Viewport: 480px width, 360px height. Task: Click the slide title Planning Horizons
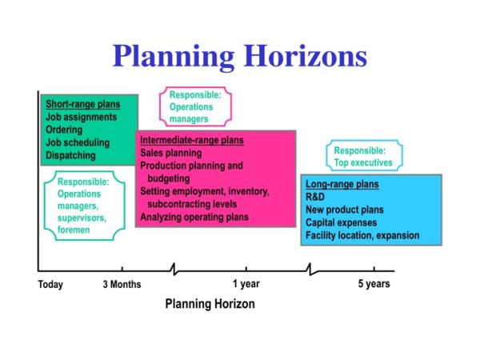click(240, 56)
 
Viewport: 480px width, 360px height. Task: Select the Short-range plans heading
click(83, 104)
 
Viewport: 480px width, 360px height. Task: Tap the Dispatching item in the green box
click(70, 155)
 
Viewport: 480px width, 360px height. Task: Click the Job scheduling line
click(78, 142)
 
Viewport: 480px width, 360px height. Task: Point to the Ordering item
click(64, 130)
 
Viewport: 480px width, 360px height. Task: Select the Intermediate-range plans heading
click(192, 140)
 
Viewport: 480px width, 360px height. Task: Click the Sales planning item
click(171, 153)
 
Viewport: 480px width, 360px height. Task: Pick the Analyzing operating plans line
click(194, 217)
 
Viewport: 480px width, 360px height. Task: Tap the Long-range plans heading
click(342, 184)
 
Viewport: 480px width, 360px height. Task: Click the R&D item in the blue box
click(315, 197)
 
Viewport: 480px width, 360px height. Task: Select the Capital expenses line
click(342, 222)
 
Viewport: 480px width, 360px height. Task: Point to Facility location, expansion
click(362, 235)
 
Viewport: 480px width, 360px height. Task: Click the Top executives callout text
click(363, 162)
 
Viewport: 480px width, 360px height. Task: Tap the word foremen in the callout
click(74, 230)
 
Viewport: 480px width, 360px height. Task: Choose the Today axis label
click(50, 284)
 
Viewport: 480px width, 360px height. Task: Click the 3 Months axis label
click(122, 284)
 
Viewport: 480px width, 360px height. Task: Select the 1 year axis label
click(246, 284)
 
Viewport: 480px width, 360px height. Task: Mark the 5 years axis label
click(374, 284)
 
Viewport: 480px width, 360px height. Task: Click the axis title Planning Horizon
click(210, 304)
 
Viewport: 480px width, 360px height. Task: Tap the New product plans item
click(345, 210)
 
